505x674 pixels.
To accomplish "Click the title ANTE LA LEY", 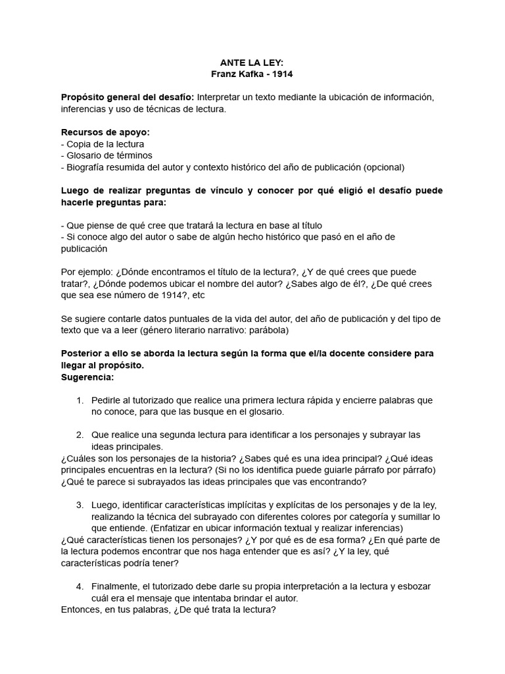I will point(252,62).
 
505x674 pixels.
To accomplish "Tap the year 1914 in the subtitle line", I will point(280,74).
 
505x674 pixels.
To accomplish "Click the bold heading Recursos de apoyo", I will point(105,132).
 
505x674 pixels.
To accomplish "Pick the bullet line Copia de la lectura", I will point(105,143).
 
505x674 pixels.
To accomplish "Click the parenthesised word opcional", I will point(382,167).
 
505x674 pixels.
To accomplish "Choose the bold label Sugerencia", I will point(87,377).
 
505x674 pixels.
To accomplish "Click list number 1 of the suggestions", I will point(80,400).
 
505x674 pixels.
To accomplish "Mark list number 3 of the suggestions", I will point(80,505).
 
